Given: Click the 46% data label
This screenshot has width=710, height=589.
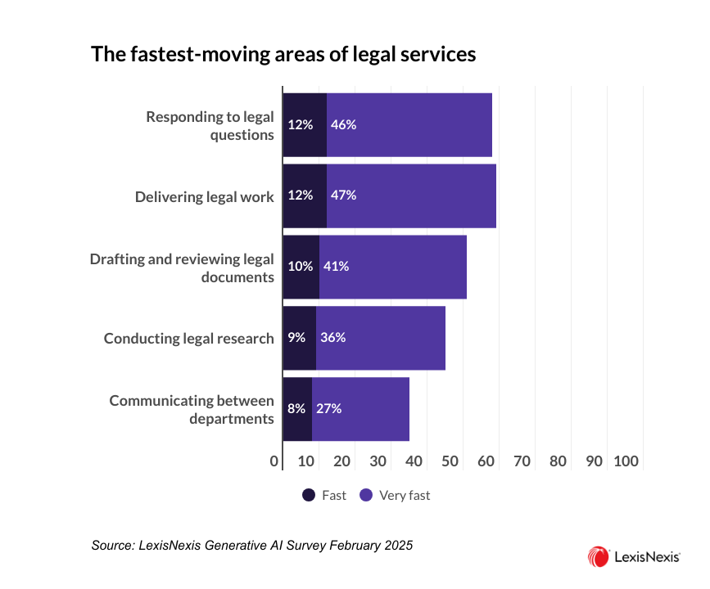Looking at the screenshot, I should point(343,125).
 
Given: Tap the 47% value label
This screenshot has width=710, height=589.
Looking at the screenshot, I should point(343,196).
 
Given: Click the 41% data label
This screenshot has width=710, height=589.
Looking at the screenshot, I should point(336,267).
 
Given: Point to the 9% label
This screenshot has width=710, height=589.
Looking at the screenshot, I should point(296,338).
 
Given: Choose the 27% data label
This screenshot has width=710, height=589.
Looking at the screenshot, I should point(328,409).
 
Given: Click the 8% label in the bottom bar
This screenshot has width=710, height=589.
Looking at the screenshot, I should point(296,409).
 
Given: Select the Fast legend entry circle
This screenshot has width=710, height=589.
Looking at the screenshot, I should point(309,495).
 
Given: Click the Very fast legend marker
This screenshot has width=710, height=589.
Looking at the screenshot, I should point(366,495).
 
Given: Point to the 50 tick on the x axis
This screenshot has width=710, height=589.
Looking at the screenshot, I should point(450,461).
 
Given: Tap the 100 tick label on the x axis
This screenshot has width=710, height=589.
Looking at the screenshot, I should point(626,461).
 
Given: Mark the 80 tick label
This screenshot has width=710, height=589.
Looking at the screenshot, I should point(559,461).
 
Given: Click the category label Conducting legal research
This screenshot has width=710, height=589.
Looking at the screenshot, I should point(188,338).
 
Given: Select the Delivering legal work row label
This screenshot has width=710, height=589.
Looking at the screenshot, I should point(204,196).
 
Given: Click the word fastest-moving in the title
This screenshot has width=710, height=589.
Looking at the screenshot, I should point(190,55).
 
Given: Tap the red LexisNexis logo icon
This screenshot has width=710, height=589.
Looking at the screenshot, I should point(597,557).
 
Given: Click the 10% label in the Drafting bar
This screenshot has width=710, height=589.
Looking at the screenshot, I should point(300,267).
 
